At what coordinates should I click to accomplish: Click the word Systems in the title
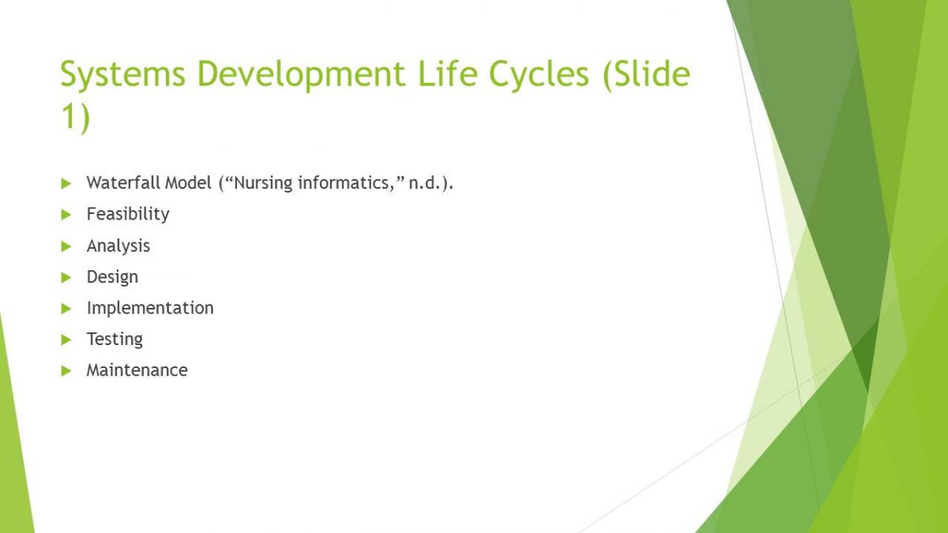[x=123, y=74]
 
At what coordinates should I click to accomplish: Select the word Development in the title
[x=301, y=74]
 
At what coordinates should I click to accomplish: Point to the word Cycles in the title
[x=539, y=74]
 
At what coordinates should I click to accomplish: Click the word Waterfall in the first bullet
[x=123, y=182]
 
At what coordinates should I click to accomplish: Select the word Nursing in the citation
[x=263, y=183]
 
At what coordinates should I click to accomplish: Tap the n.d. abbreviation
[x=425, y=183]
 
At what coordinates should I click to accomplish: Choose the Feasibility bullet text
[x=128, y=215]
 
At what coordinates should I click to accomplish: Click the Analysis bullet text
[x=118, y=246]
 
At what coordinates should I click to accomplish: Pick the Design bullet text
[x=112, y=277]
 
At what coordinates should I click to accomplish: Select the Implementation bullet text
[x=150, y=309]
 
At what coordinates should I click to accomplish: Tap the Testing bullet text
[x=115, y=340]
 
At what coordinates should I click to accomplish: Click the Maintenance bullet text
[x=137, y=370]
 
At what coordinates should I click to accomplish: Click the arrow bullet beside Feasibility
[x=66, y=215]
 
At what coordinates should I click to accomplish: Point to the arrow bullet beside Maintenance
[x=66, y=371]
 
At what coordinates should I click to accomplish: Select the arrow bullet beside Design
[x=66, y=277]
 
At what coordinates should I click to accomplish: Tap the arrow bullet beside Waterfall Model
[x=66, y=183]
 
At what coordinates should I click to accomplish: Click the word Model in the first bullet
[x=188, y=182]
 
